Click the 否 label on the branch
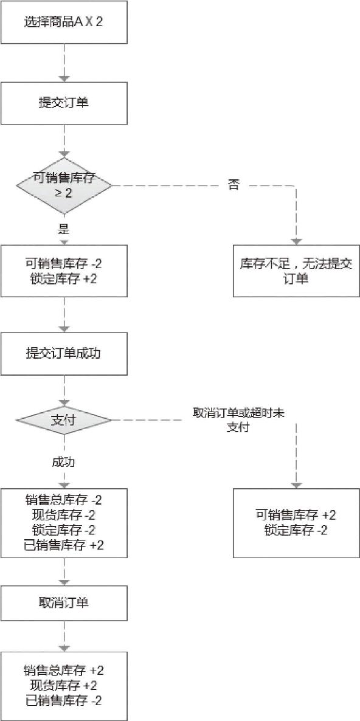click(x=234, y=186)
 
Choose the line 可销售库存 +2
click(x=296, y=515)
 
